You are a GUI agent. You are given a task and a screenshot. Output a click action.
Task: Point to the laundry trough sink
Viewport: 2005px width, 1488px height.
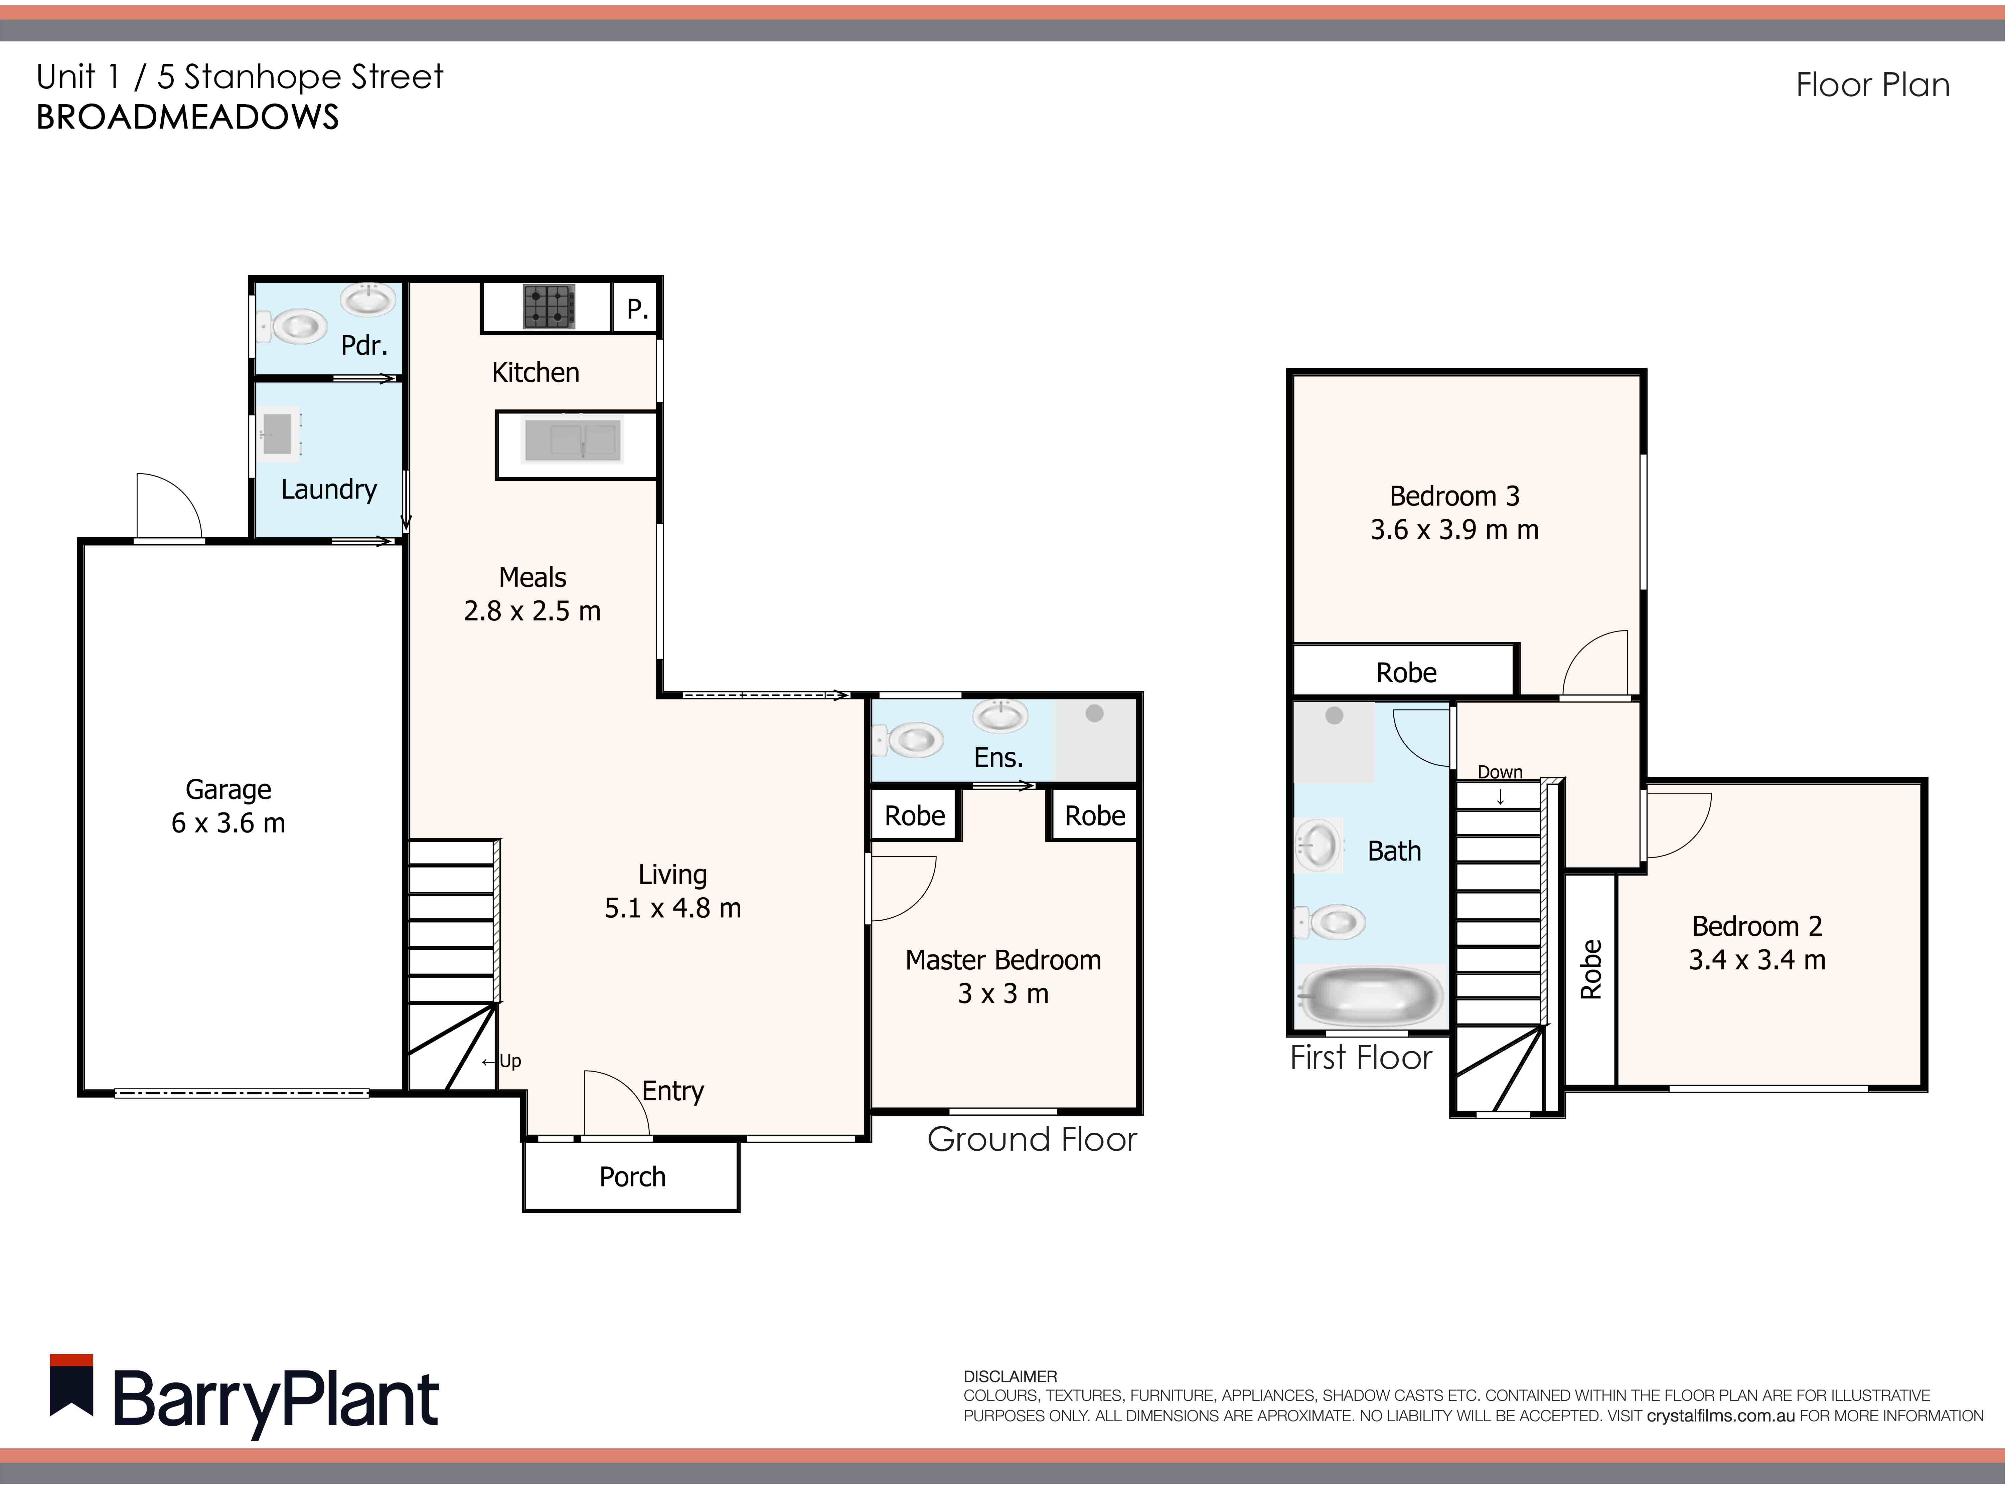tap(279, 433)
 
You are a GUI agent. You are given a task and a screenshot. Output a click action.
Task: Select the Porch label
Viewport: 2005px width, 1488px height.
tap(632, 1176)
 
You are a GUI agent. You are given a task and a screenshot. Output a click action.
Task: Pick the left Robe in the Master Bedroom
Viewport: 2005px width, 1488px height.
tap(915, 815)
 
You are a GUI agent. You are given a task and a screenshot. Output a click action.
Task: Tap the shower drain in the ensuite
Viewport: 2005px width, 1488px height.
tap(1094, 713)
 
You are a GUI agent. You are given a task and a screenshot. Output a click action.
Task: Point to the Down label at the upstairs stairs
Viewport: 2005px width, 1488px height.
tap(1500, 772)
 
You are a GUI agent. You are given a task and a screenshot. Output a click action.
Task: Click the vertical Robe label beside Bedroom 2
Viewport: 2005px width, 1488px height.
tap(1590, 969)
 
